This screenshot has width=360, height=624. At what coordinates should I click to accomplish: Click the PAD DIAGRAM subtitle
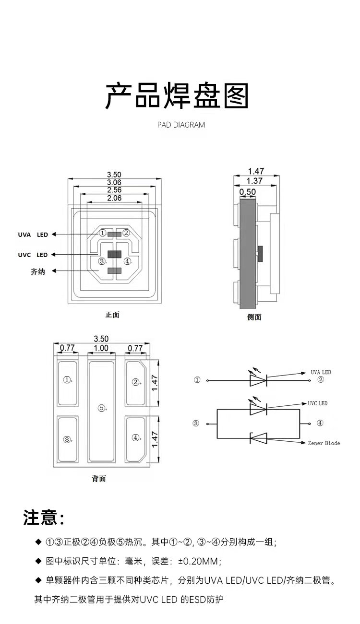pos(181,125)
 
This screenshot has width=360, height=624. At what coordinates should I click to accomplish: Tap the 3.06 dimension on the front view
pos(114,182)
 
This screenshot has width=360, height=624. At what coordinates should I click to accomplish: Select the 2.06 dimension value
pos(114,198)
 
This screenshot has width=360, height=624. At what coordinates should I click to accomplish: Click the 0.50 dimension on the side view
pos(247,192)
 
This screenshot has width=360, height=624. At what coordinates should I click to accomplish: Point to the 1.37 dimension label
pos(254,181)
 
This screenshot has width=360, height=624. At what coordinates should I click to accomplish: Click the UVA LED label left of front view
pos(33,235)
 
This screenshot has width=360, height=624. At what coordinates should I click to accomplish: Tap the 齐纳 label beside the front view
pos(37,271)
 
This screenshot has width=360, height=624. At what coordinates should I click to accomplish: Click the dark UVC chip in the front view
pos(114,254)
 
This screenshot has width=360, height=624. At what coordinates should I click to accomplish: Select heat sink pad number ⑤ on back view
pos(101,408)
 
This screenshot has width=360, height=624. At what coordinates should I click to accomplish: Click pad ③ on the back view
pos(68,439)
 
